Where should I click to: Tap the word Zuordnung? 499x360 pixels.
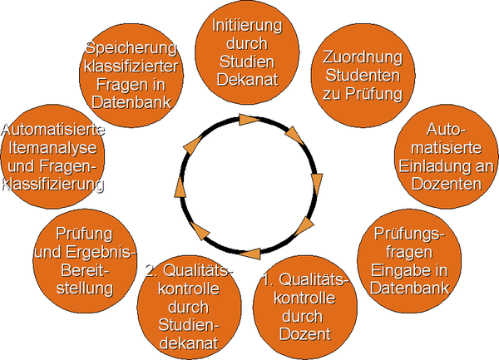pos(362,57)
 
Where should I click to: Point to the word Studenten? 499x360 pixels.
pos(362,76)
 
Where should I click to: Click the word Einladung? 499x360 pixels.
pos(447,166)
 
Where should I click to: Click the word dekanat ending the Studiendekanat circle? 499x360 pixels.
pos(190,342)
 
